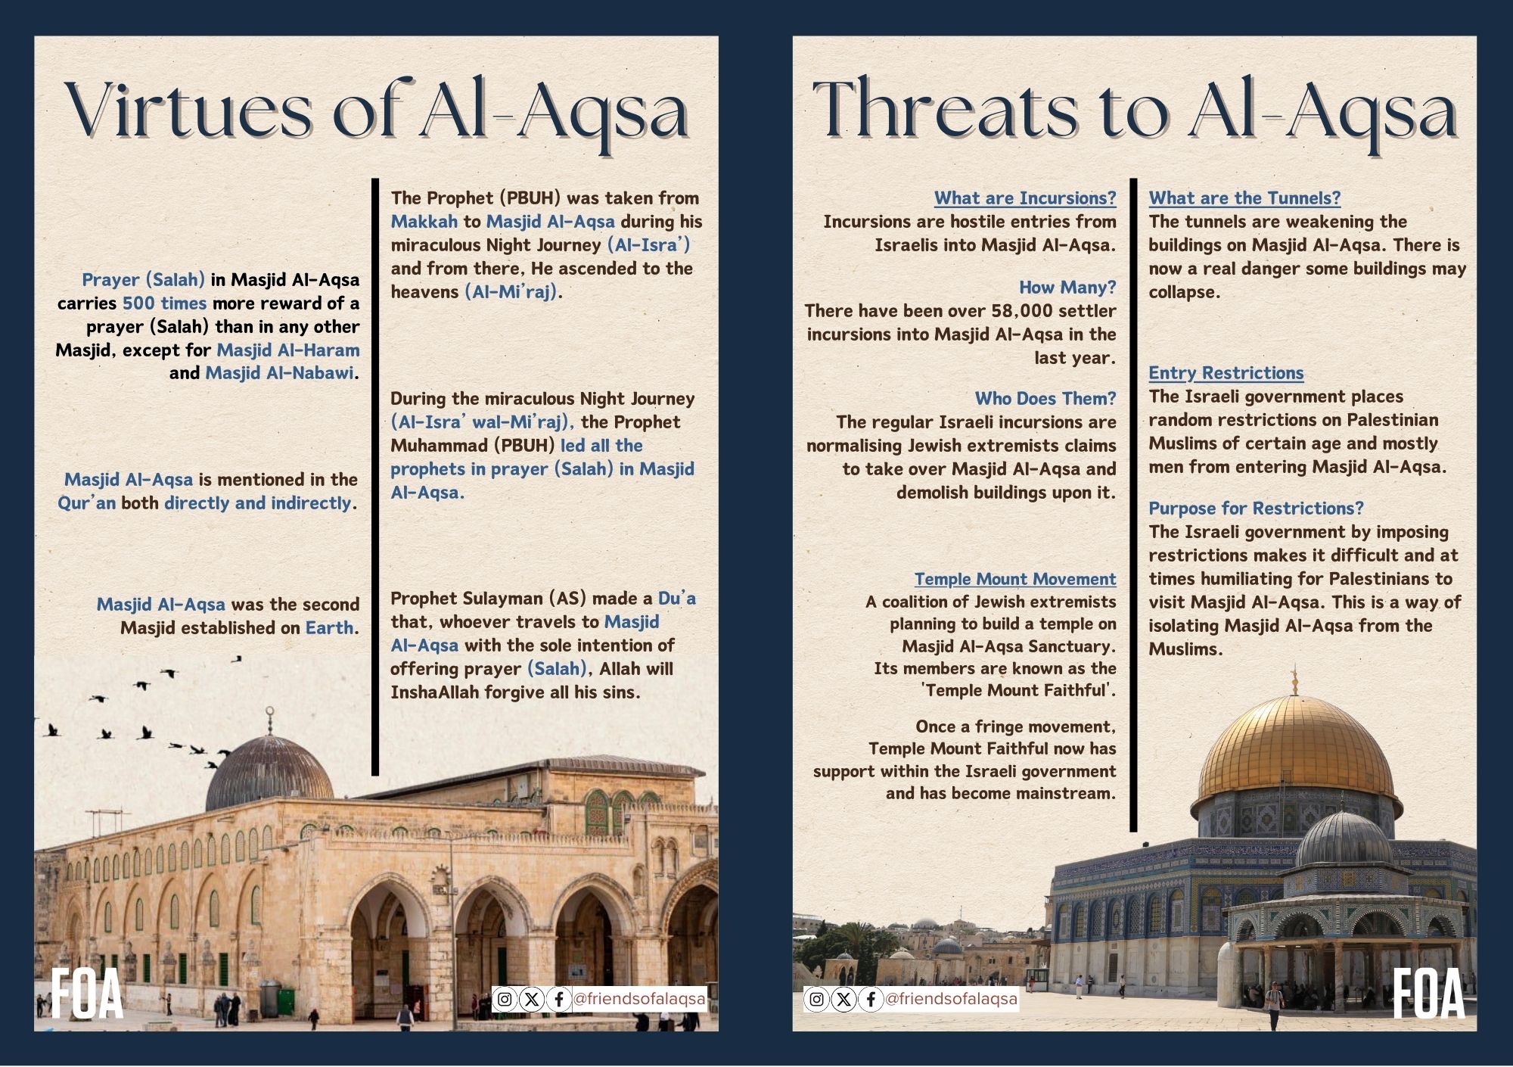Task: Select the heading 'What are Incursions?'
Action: [x=1025, y=198]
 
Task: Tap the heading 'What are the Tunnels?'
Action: [x=1244, y=198]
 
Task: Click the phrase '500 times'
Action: [x=164, y=303]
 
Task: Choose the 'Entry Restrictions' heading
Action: [x=1226, y=373]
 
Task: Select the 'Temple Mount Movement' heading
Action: [x=1014, y=579]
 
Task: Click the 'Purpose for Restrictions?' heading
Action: [x=1256, y=509]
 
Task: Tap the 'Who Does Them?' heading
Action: [x=1045, y=399]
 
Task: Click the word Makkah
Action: [x=424, y=222]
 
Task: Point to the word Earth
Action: [x=330, y=628]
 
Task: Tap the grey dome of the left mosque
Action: [x=269, y=772]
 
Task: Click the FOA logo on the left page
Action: [x=86, y=994]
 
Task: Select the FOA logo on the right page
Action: [x=1428, y=994]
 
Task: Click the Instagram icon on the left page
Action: [x=505, y=1000]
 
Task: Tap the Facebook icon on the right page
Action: [x=871, y=1000]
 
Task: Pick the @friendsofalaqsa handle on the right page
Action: [x=951, y=1000]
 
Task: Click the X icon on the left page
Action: [x=532, y=1000]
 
